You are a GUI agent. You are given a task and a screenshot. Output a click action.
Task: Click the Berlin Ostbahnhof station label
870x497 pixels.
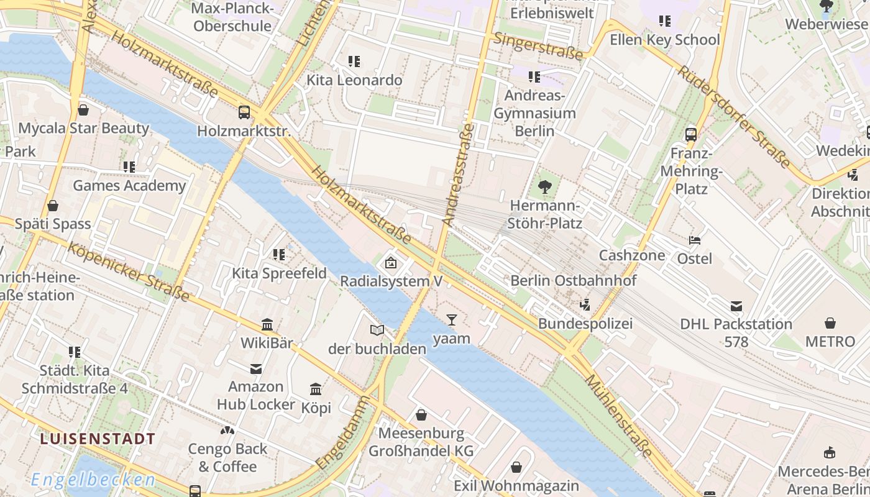(573, 281)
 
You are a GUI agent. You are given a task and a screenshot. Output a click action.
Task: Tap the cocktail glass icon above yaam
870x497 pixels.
(451, 320)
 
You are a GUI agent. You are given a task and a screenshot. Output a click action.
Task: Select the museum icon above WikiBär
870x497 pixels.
(267, 324)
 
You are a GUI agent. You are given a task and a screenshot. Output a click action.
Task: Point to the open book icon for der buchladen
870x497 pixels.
(377, 331)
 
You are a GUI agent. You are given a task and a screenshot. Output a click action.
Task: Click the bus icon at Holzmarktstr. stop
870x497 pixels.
(244, 112)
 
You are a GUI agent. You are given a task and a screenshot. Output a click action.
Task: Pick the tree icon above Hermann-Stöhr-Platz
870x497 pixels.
(545, 186)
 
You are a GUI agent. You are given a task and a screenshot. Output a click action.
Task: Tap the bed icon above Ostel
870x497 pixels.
(694, 240)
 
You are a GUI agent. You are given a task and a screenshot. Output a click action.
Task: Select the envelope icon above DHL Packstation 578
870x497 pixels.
(736, 306)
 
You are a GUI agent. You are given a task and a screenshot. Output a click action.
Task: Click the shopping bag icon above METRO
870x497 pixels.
(830, 323)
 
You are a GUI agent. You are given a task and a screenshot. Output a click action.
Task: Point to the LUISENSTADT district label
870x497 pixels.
(98, 439)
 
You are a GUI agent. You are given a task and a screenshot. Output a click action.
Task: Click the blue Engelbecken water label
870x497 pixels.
(93, 480)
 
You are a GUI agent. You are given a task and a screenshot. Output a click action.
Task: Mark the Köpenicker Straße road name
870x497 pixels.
(128, 271)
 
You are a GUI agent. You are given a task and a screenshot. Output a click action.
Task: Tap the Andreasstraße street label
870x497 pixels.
(458, 174)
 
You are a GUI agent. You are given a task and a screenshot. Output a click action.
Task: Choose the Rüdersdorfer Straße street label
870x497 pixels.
(733, 117)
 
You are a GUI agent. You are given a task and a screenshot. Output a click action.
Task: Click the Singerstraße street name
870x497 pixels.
(538, 47)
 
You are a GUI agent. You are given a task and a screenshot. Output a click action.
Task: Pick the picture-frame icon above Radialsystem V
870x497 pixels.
(391, 263)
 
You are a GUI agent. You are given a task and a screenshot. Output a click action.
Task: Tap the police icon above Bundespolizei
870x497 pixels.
(584, 304)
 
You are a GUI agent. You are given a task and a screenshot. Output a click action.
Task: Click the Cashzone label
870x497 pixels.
(631, 255)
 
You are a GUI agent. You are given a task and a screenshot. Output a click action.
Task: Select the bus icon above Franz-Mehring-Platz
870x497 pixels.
(690, 134)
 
